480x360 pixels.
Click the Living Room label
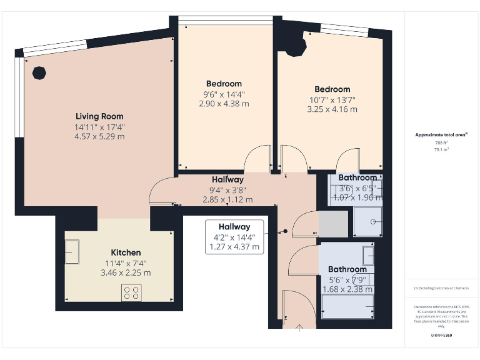click(99, 116)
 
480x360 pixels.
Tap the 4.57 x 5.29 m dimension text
click(99, 136)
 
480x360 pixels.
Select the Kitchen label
click(126, 252)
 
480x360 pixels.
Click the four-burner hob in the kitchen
click(131, 292)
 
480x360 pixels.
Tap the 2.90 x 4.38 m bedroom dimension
click(224, 104)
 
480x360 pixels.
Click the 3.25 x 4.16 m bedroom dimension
click(332, 109)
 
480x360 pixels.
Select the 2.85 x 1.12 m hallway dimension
click(227, 200)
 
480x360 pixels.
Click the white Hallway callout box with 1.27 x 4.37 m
click(234, 237)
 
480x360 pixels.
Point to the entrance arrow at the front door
click(298, 326)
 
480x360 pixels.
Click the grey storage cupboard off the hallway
click(332, 224)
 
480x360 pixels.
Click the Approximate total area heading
click(441, 135)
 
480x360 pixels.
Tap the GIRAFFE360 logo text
click(441, 336)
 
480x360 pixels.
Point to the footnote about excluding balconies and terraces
click(441, 288)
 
